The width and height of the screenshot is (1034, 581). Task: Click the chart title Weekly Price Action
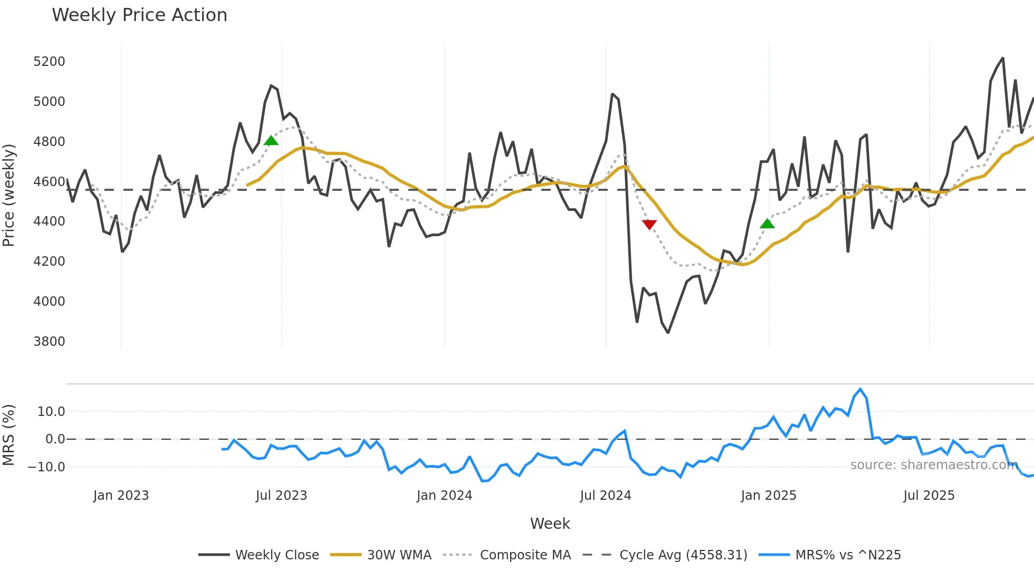click(x=139, y=15)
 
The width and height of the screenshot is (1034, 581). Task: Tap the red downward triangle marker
click(x=649, y=225)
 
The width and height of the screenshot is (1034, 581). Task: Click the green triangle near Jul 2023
click(x=271, y=140)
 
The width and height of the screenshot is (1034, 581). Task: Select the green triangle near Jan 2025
click(x=767, y=224)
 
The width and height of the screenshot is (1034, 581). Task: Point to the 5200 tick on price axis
click(x=49, y=62)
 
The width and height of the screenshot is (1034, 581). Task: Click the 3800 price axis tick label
click(x=49, y=342)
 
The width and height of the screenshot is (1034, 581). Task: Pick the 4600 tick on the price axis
click(x=49, y=182)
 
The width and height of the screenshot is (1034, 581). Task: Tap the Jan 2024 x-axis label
click(x=444, y=496)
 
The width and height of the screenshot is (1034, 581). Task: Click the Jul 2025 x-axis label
click(x=928, y=496)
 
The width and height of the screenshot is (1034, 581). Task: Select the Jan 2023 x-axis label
click(x=121, y=496)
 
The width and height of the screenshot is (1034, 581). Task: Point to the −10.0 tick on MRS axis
click(x=46, y=467)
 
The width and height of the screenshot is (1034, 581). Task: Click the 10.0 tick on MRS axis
click(x=51, y=412)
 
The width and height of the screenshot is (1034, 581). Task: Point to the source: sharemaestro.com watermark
click(x=934, y=465)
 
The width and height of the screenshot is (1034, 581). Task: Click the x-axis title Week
click(x=550, y=524)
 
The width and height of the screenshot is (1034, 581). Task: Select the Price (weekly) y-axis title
click(x=9, y=195)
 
